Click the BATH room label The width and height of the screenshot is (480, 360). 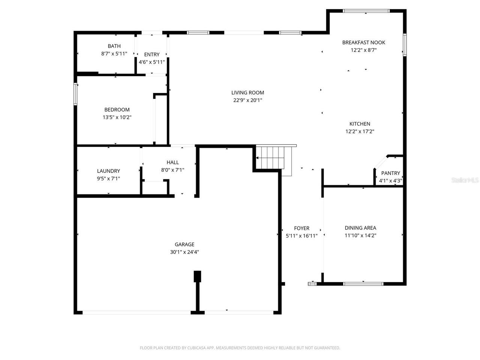114,46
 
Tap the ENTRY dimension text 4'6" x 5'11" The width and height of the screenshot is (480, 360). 151,62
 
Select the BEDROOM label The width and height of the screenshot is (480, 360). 117,109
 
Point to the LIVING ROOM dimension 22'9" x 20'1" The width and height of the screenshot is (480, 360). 247,100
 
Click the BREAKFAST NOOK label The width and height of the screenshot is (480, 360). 363,42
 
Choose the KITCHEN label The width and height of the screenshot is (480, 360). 360,124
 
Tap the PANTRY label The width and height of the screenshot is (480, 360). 390,173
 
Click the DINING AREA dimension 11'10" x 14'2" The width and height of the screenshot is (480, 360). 360,235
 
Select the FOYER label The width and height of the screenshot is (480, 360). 301,228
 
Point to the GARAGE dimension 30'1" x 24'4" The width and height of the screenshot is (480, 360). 184,252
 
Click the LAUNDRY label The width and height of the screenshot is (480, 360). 108,171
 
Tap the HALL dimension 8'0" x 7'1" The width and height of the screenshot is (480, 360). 172,169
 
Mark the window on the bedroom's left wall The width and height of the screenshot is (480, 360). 75,94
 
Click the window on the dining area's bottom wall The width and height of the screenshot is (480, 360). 363,283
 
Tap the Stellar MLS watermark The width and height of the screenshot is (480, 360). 465,180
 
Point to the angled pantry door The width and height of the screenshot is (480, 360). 381,162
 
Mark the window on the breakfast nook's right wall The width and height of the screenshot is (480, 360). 405,45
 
